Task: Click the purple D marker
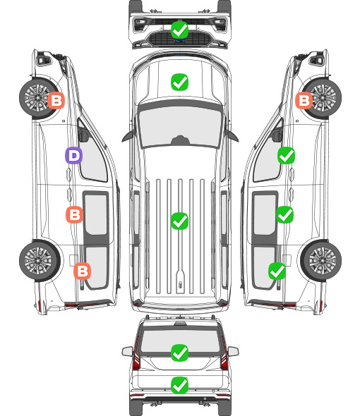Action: tap(73, 155)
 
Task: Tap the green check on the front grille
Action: tap(179, 30)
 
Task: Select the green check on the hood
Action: tap(179, 82)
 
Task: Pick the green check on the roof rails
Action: tap(179, 221)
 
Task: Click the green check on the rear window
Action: tap(179, 353)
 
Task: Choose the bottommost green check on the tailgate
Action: tap(179, 385)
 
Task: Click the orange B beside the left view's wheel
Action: tap(56, 100)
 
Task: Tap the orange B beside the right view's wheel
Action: tap(304, 100)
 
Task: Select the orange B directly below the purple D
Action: tap(74, 214)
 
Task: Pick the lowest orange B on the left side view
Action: tap(82, 271)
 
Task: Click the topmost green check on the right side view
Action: tap(286, 155)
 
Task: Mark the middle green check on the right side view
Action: tap(284, 214)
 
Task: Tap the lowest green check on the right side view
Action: tap(277, 271)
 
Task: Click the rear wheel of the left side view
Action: tap(39, 261)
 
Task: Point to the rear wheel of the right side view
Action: tap(322, 261)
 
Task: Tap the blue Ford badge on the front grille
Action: tap(180, 41)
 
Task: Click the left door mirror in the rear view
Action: tap(128, 351)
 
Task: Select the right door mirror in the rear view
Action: tap(233, 351)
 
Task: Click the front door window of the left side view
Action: tap(93, 157)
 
